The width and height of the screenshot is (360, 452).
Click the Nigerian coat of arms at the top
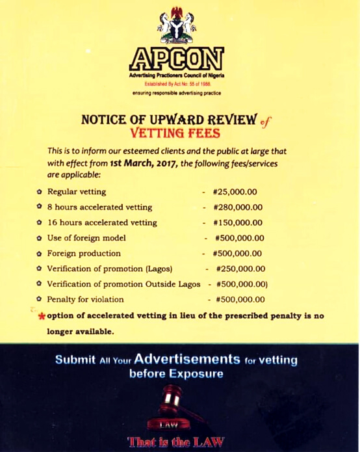(177, 25)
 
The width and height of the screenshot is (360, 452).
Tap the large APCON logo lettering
(177, 60)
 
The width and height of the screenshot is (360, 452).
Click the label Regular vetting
(76, 192)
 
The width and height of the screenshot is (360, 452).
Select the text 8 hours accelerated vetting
(99, 207)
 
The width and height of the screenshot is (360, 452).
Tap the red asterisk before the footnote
(42, 317)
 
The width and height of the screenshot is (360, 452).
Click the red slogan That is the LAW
(177, 443)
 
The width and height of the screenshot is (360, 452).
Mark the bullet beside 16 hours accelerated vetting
(40, 222)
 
